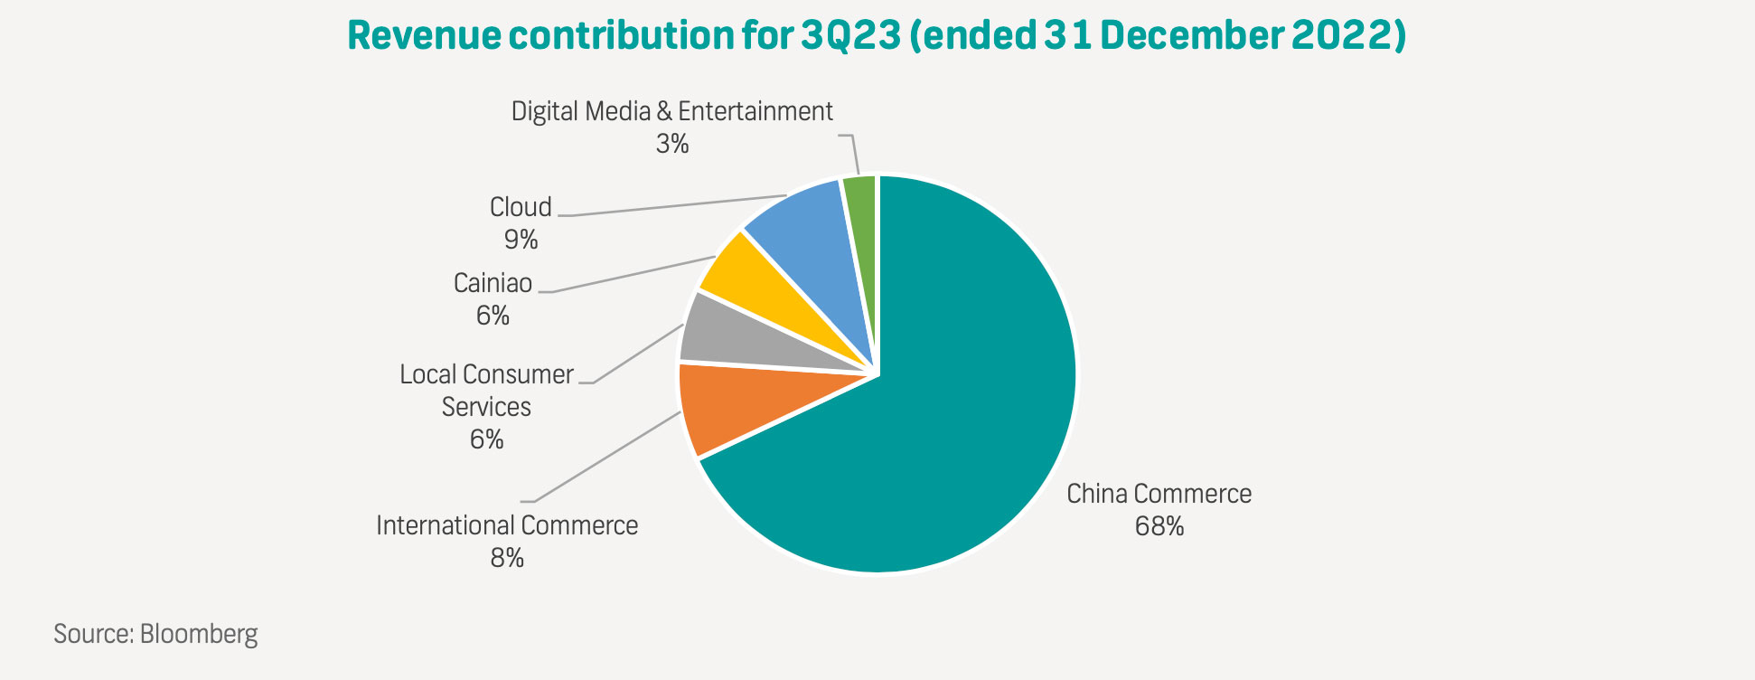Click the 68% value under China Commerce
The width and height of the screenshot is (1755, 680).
[1159, 526]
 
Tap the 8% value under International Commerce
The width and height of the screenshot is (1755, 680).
[507, 558]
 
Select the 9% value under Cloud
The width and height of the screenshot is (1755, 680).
[521, 240]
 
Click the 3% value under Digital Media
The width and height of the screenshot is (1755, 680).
[671, 144]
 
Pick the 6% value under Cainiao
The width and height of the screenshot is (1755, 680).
[493, 316]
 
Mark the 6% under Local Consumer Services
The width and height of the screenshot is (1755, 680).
[486, 439]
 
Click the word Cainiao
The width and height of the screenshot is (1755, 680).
[493, 283]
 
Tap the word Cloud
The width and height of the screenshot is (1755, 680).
[521, 207]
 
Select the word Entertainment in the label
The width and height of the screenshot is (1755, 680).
[755, 111]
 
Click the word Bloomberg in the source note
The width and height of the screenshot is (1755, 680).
[199, 633]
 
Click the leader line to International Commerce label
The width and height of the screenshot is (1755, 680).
[605, 458]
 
